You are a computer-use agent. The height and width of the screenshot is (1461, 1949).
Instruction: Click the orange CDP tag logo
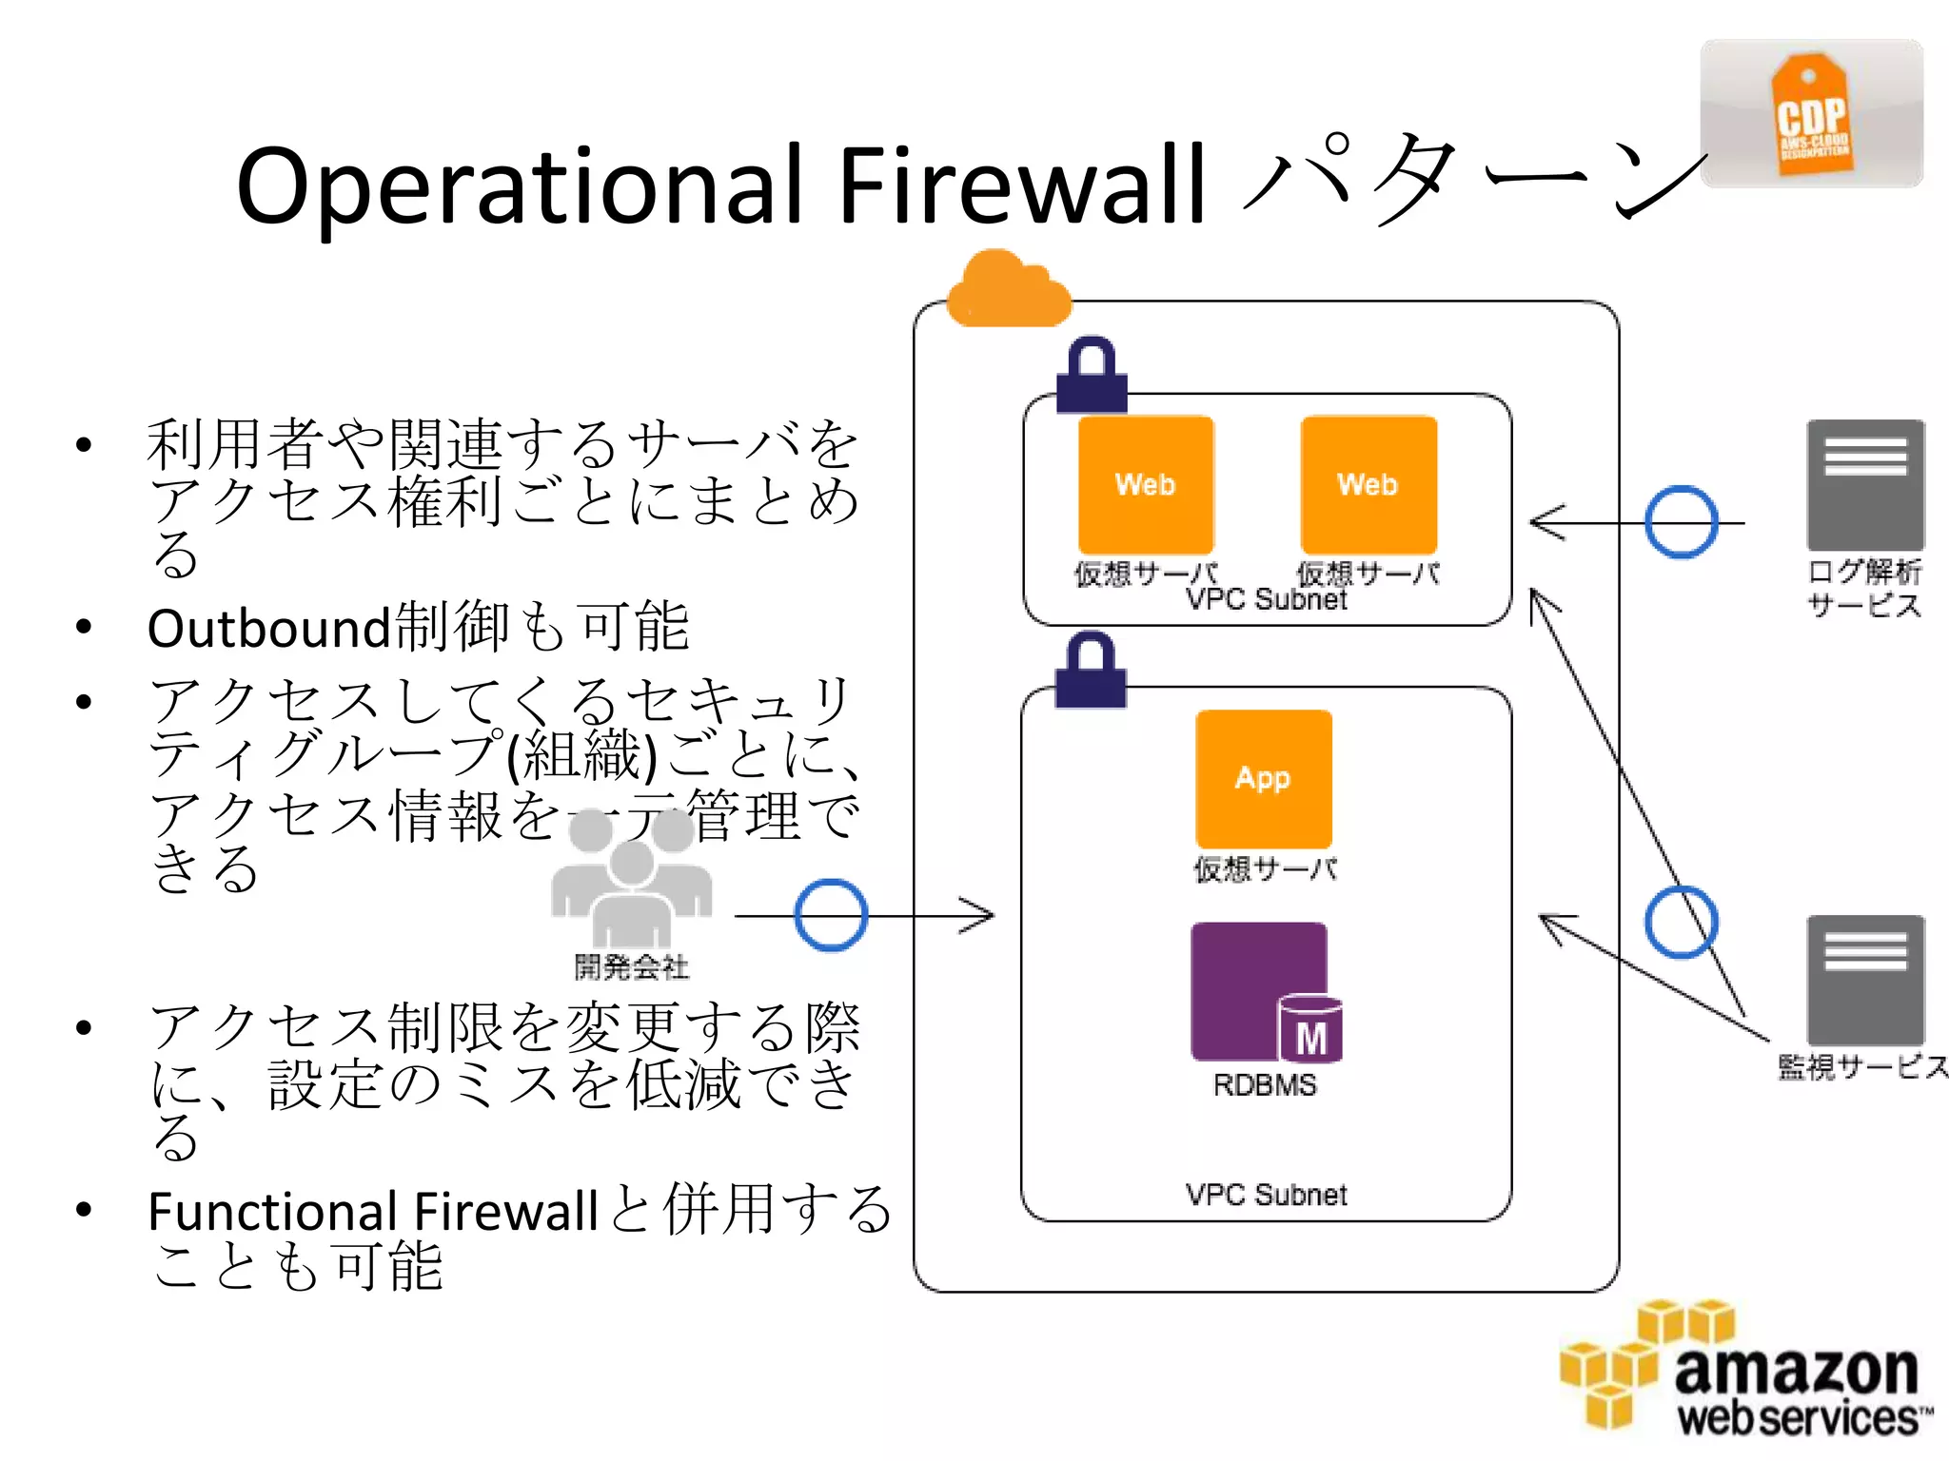1812,116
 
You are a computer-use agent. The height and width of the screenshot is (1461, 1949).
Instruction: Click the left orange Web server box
1146,484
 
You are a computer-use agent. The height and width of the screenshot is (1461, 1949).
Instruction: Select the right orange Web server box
1368,484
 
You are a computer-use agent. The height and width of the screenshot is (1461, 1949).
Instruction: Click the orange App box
1263,778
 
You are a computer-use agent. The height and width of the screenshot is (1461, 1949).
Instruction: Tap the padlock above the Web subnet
1092,376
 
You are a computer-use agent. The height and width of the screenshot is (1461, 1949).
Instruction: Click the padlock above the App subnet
1091,672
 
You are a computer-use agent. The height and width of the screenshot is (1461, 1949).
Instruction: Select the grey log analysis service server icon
1865,485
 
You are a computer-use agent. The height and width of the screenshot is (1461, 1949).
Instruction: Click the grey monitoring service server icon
1865,980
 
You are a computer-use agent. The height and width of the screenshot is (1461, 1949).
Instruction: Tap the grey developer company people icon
631,880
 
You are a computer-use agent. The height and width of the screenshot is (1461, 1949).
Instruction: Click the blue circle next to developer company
831,915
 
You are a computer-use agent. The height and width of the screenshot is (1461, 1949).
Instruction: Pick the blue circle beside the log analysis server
1682,522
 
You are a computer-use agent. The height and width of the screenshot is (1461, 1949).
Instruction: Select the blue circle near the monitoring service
1682,922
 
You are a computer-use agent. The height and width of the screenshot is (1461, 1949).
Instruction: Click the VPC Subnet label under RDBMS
1266,1195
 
